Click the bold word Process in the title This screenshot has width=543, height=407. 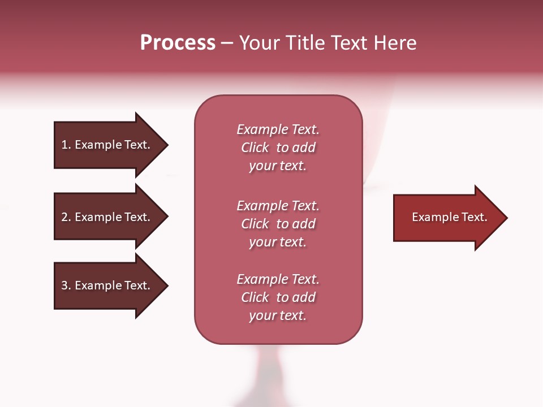178,43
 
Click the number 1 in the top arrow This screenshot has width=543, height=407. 64,145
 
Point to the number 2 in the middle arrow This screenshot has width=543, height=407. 64,217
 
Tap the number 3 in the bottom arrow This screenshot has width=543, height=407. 64,285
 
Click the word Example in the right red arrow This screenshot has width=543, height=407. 432,217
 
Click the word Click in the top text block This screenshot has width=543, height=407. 255,148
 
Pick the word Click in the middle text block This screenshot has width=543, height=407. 255,224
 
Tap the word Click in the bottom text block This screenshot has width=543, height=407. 255,297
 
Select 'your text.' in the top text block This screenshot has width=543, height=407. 278,166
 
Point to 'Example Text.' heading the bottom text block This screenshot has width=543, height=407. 278,279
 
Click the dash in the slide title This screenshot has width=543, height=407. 227,44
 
